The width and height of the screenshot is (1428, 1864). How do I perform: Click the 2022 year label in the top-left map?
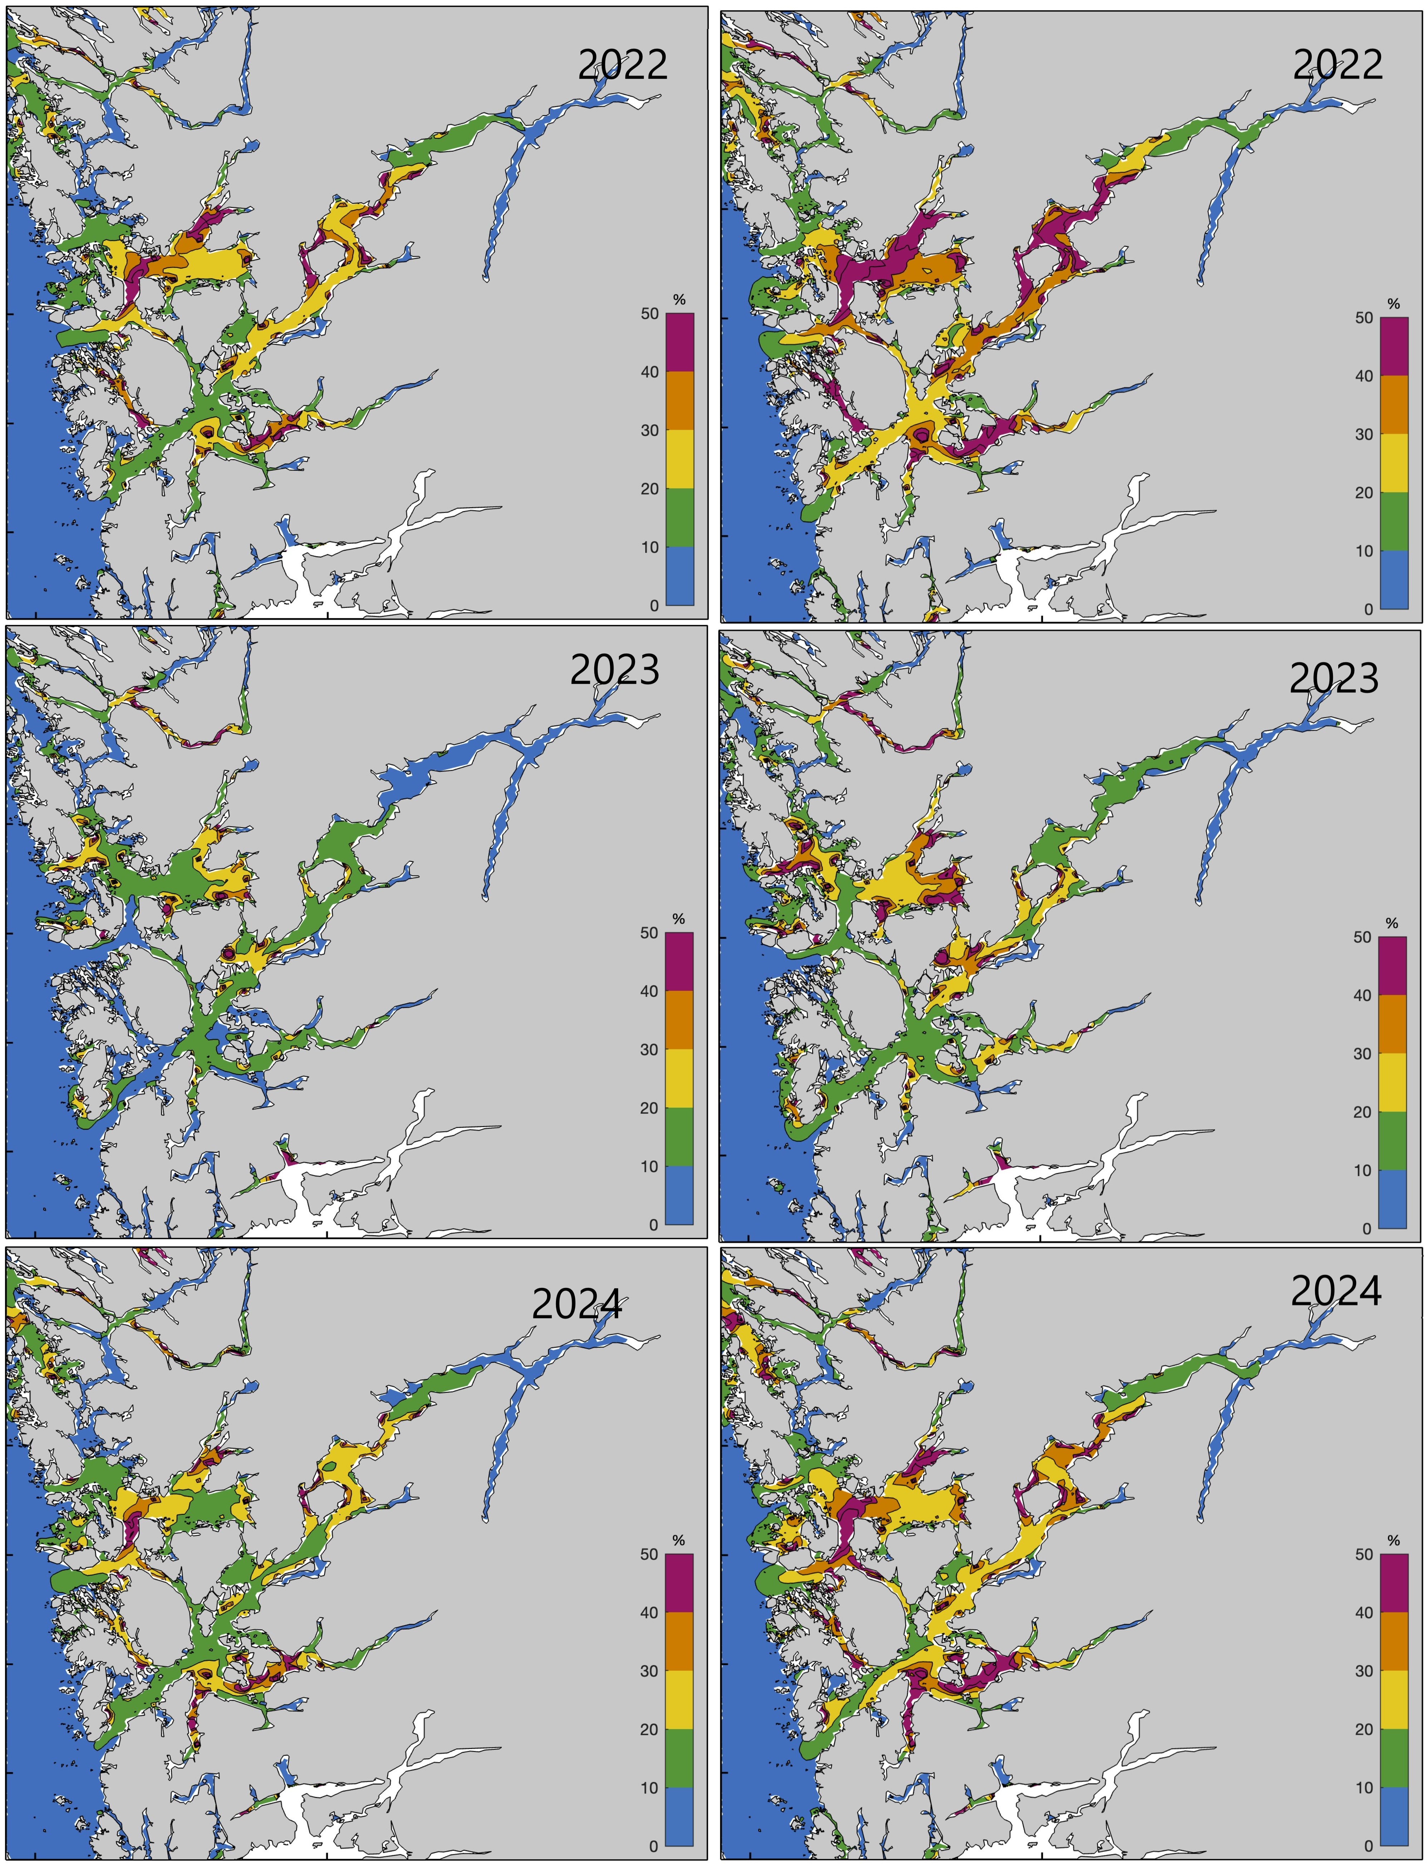(x=623, y=65)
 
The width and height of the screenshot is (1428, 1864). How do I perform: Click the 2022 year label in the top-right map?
(x=1338, y=65)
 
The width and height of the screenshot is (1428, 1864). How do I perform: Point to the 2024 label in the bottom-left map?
(x=577, y=1304)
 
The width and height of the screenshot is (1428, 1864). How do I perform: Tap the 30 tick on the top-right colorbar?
(x=1364, y=435)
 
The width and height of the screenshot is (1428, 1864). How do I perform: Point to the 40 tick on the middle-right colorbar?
(x=1363, y=995)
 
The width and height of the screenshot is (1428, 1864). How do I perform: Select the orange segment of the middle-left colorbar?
(x=679, y=1020)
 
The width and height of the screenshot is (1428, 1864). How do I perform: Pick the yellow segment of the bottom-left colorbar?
(x=679, y=1700)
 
